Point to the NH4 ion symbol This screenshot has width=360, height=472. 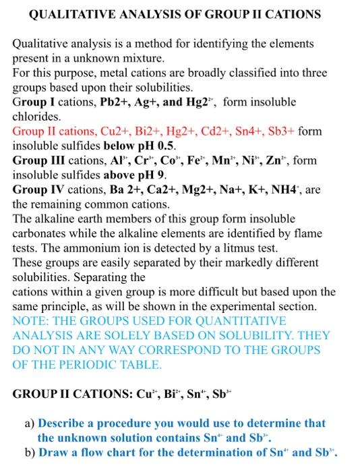tap(287, 189)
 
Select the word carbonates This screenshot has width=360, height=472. tap(38, 233)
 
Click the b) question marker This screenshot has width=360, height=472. tap(29, 452)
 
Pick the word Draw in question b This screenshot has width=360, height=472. tap(53, 452)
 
